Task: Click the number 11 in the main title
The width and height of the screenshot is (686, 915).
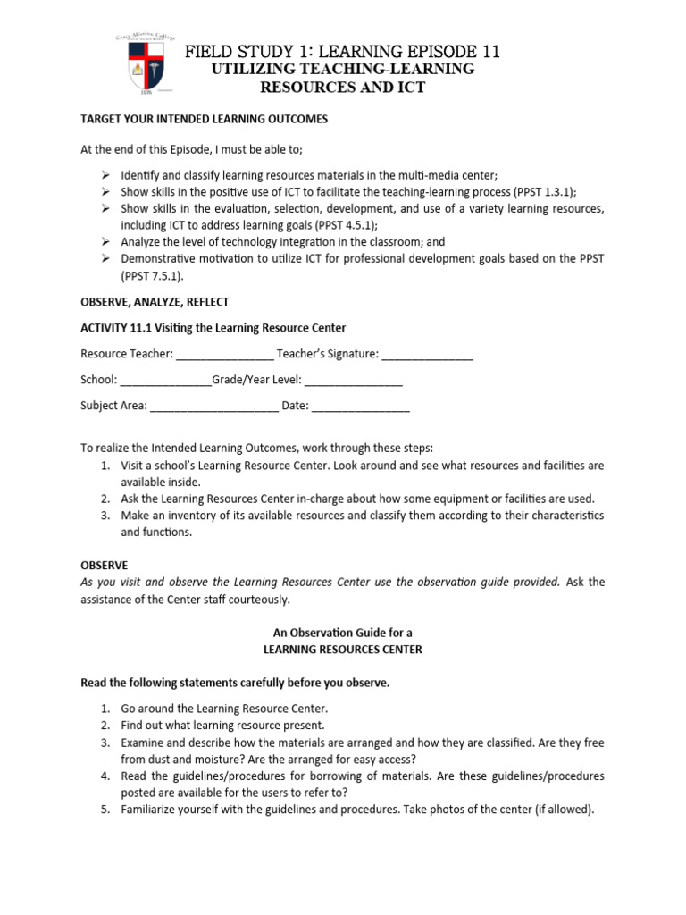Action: [487, 52]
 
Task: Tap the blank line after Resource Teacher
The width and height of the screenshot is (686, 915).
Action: [224, 355]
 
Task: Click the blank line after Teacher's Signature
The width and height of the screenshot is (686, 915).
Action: [427, 355]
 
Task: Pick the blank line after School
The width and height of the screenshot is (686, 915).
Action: [165, 380]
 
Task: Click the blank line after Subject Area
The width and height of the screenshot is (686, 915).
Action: [213, 406]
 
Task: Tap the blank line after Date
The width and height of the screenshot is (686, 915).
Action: [361, 406]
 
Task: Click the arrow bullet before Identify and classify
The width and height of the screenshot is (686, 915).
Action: [104, 175]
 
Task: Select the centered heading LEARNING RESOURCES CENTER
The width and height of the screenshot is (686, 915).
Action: [342, 650]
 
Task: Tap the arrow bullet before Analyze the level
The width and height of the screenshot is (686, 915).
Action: [104, 242]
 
